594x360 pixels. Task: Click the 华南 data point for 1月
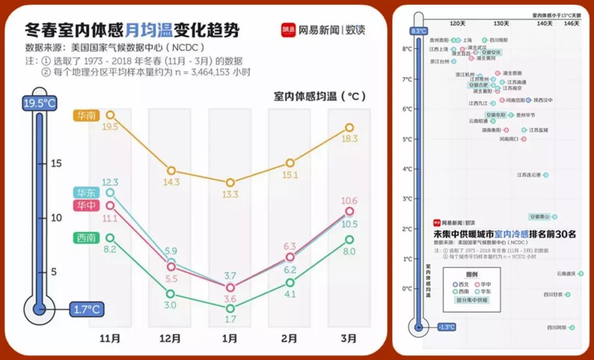pos(230,182)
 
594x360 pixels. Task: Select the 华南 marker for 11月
pos(110,114)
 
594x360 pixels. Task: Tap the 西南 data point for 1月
pos(230,308)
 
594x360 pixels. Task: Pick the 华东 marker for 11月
pos(110,192)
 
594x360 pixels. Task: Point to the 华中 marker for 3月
pos(349,211)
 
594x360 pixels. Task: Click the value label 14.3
pos(171,182)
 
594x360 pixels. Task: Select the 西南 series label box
pos(86,238)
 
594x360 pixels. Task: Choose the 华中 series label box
pos(86,205)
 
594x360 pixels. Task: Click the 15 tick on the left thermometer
pos(57,163)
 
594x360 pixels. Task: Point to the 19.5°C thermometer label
pos(39,103)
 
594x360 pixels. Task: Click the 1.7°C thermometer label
pos(86,309)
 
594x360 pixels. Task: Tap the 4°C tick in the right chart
pos(408,169)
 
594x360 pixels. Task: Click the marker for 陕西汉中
pos(529,100)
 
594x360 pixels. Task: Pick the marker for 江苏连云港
pos(545,174)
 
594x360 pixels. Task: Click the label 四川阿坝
pos(556,328)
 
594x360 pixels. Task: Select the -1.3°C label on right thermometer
pos(446,327)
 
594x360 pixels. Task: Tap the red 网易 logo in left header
pos(289,30)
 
